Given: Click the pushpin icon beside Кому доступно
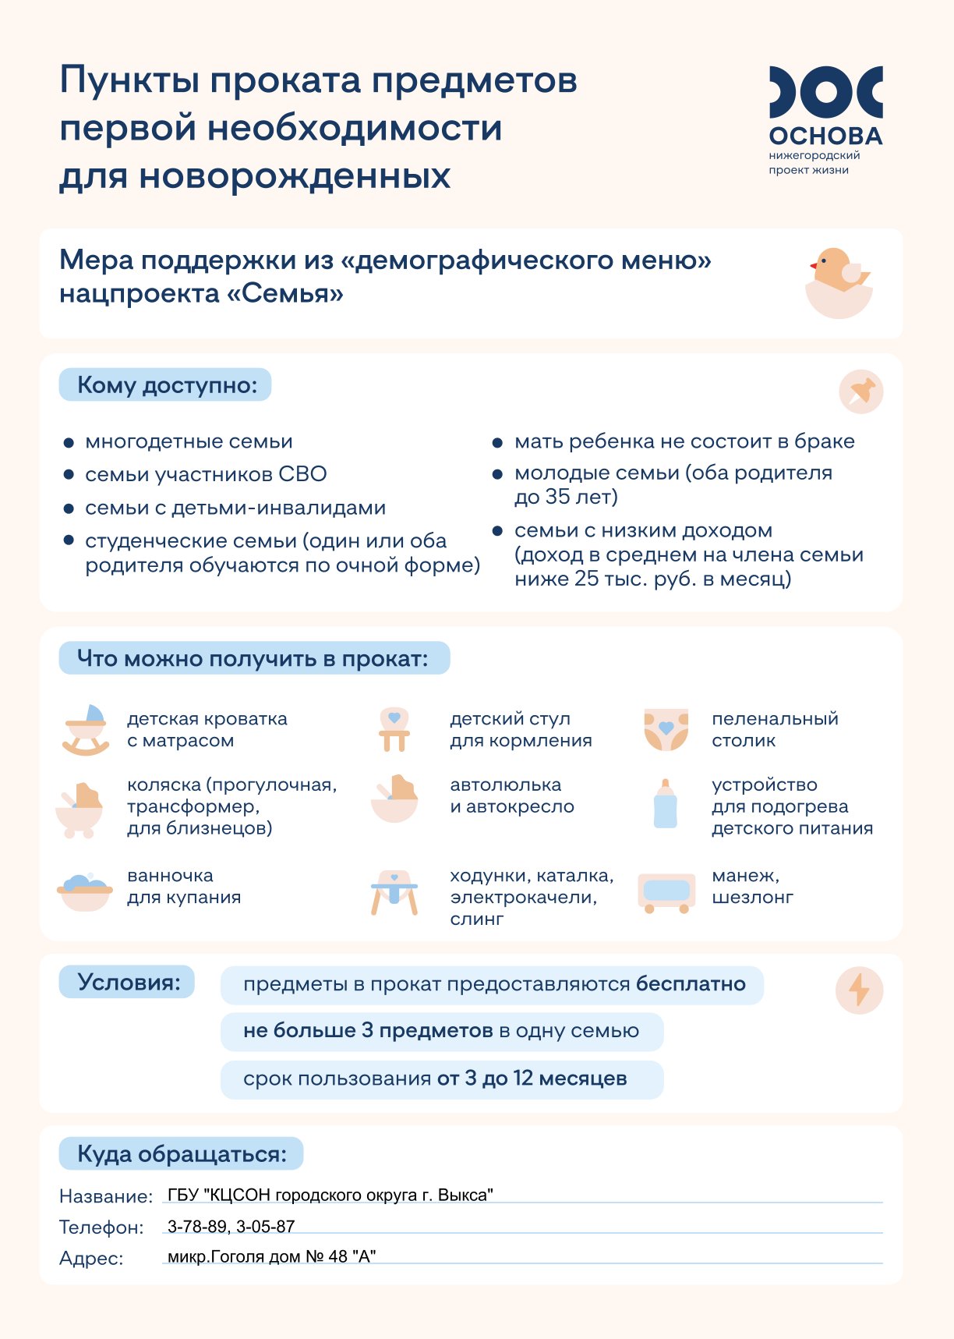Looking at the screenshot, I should click(x=860, y=391).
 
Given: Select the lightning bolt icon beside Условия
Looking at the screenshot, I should click(x=859, y=990).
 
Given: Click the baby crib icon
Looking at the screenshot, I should click(x=86, y=730).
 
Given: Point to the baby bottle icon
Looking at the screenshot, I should click(x=665, y=804).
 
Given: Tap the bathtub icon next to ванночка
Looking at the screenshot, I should click(x=85, y=892).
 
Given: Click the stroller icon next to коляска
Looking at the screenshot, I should click(x=79, y=811).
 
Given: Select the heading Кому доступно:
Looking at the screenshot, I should click(x=166, y=385).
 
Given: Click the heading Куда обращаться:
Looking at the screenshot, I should click(x=181, y=1154).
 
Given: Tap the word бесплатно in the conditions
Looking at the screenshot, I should click(x=691, y=984).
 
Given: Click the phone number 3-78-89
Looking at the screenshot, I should click(x=197, y=1227).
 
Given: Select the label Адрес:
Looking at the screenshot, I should click(x=91, y=1258).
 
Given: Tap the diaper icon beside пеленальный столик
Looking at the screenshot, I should click(x=666, y=730).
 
